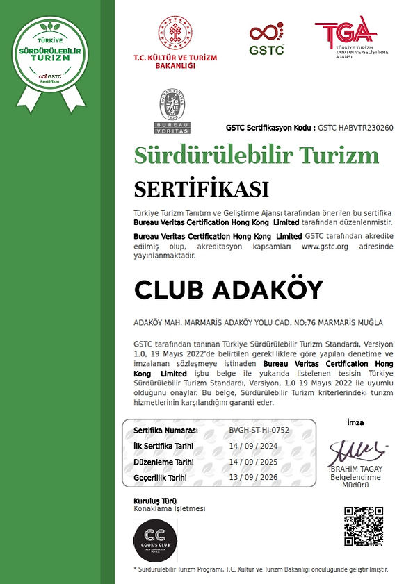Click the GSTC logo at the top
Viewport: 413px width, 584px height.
[266, 39]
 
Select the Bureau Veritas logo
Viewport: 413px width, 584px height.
[172, 111]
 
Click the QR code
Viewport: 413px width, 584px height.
[364, 527]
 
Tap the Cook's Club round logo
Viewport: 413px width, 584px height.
[155, 540]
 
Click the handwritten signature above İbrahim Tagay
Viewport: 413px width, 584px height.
[356, 452]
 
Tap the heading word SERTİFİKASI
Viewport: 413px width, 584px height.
[201, 189]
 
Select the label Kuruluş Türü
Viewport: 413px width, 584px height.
[154, 501]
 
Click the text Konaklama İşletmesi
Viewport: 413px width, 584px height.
[169, 509]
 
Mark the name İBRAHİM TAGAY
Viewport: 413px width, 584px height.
[356, 469]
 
